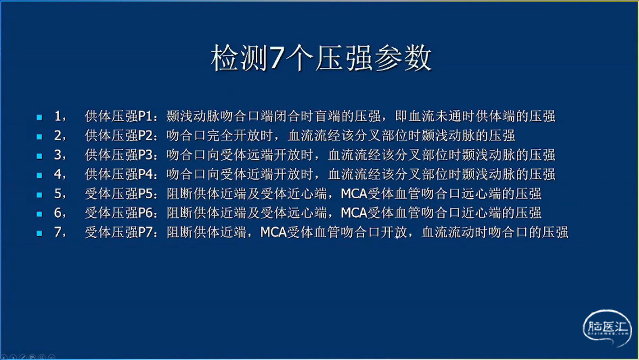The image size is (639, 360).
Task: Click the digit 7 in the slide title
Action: click(276, 58)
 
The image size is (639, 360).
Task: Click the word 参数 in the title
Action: click(403, 58)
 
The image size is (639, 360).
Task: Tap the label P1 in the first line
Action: click(145, 116)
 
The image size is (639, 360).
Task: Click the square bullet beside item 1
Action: click(39, 117)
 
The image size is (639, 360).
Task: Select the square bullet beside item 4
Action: click(39, 175)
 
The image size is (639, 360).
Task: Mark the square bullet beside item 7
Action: click(39, 233)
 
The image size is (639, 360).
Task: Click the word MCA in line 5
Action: click(354, 194)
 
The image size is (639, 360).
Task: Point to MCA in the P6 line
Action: click(354, 213)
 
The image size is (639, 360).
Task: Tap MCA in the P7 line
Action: click(273, 232)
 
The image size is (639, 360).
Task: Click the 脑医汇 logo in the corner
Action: click(607, 328)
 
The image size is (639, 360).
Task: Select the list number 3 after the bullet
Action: click(58, 155)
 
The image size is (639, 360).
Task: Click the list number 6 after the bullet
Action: click(58, 213)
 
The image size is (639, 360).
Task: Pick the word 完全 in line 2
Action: click(220, 135)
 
